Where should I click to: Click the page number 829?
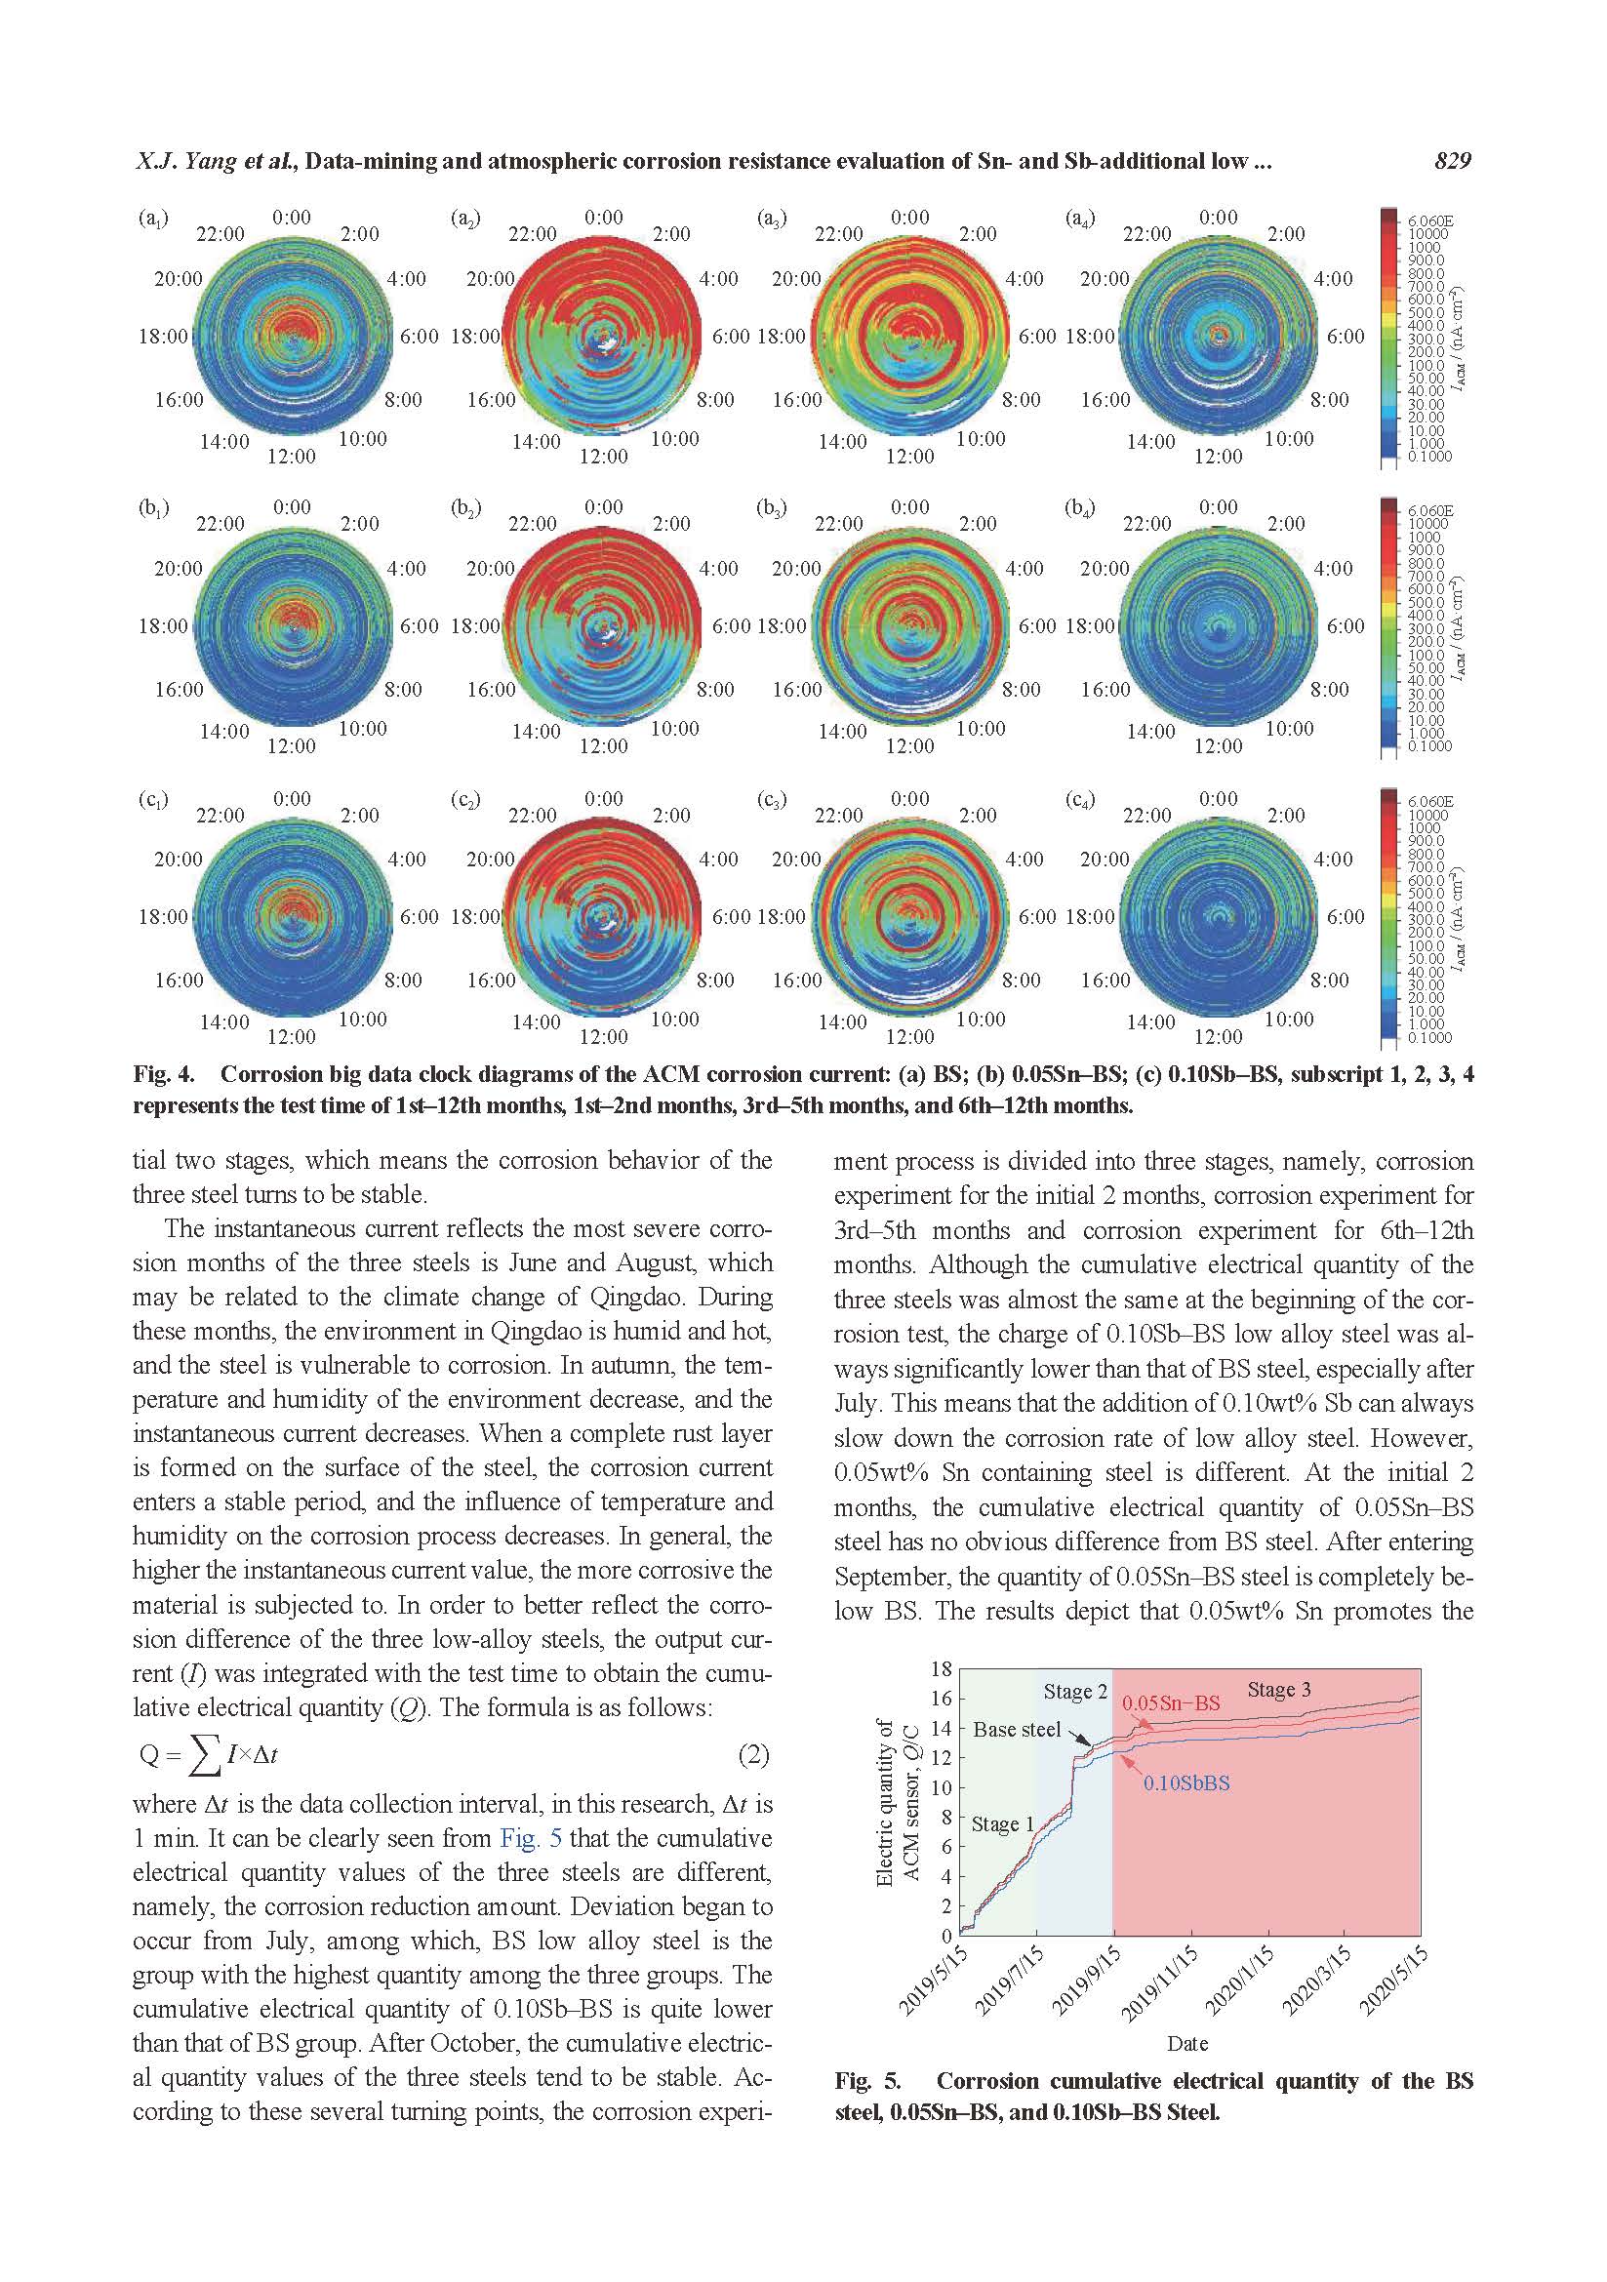click(1452, 161)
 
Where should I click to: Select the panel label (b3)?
click(771, 508)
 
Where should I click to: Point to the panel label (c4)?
click(1079, 799)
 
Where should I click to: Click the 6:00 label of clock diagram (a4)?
click(1346, 337)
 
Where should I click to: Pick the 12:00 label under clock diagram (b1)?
click(291, 746)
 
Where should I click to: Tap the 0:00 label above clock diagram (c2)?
click(603, 799)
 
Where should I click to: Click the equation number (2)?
click(753, 1754)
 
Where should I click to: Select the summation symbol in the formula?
click(205, 1756)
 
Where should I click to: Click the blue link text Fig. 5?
click(531, 1838)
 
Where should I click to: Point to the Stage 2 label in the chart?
click(1074, 1692)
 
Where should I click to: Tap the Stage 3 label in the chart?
click(1278, 1690)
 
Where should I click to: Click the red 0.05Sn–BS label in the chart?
click(1171, 1702)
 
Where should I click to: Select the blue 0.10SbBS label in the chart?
click(1185, 1783)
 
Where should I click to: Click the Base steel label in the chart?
click(1016, 1730)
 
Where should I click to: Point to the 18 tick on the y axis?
click(941, 1668)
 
